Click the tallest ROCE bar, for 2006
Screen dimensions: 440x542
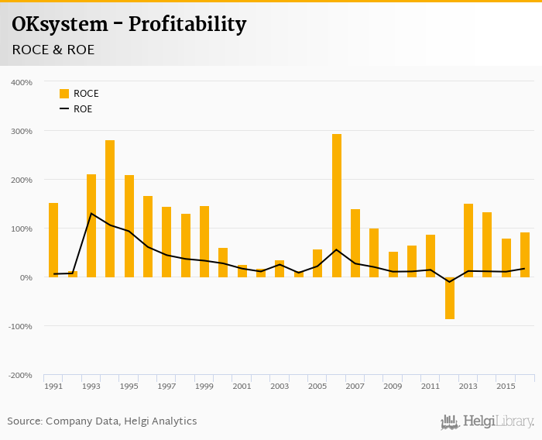337,205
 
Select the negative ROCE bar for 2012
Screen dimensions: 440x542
450,298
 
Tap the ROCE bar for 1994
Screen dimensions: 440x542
110,208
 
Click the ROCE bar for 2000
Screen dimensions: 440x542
223,263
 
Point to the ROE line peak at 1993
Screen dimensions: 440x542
91,213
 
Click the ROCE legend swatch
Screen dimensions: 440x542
64,94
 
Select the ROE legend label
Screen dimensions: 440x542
83,109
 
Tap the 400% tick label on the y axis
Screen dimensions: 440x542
21,82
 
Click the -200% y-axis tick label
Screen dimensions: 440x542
20,375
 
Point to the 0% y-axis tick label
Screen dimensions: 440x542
25,277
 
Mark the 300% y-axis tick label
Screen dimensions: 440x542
21,131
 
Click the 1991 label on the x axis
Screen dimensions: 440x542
53,386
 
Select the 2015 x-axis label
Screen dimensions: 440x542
506,386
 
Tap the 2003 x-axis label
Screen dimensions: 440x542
280,386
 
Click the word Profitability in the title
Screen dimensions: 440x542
187,25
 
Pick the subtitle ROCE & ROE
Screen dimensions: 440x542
53,50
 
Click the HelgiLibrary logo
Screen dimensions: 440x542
488,421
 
